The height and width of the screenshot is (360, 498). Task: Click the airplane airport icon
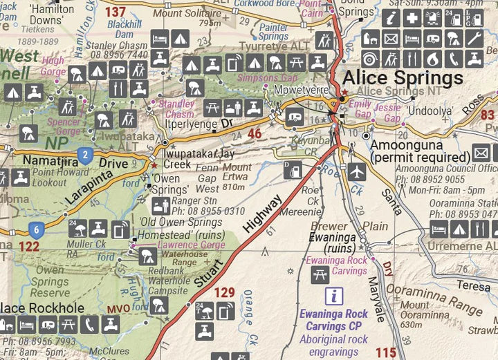357,171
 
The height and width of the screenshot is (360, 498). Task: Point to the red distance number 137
115,12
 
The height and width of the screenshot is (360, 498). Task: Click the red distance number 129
225,293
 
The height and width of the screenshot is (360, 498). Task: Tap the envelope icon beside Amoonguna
481,153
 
